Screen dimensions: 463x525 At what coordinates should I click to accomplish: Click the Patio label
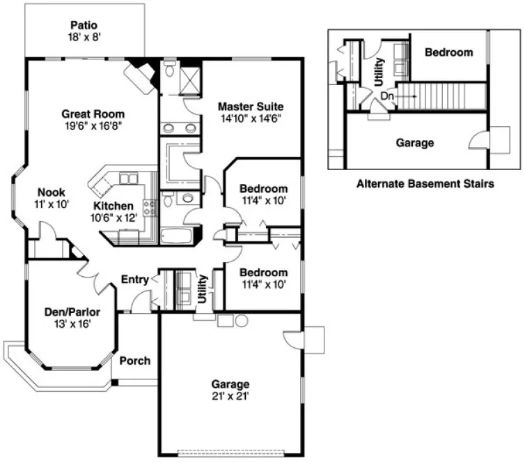pyautogui.click(x=83, y=24)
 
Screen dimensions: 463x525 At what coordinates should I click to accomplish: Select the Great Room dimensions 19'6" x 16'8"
pyautogui.click(x=93, y=126)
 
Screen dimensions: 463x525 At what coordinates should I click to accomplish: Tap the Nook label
pyautogui.click(x=51, y=192)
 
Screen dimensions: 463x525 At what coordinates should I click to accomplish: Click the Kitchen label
pyautogui.click(x=113, y=206)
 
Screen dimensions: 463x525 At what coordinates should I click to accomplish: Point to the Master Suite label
pyautogui.click(x=250, y=107)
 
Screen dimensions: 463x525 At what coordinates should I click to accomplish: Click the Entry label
pyautogui.click(x=135, y=280)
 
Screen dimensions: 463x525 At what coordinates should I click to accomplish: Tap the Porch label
pyautogui.click(x=135, y=360)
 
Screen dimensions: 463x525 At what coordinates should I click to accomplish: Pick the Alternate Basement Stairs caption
pyautogui.click(x=425, y=185)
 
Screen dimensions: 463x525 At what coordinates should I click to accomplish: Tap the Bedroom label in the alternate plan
pyautogui.click(x=448, y=52)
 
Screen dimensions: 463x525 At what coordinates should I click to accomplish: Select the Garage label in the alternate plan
pyautogui.click(x=415, y=143)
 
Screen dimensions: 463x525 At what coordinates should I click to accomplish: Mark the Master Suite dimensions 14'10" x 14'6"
pyautogui.click(x=250, y=119)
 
